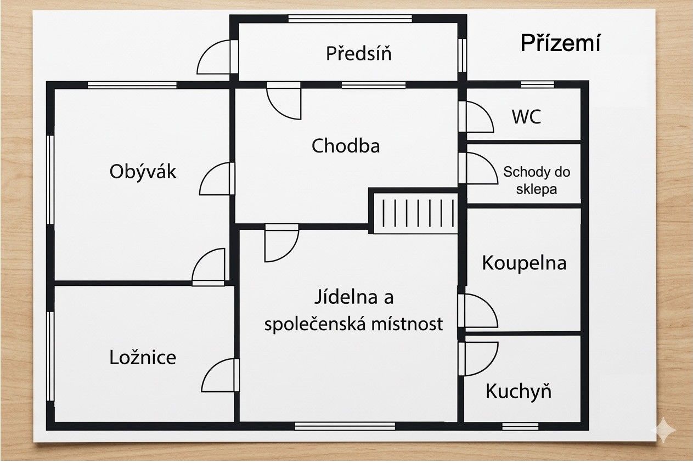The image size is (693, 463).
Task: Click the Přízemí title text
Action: (x=560, y=43)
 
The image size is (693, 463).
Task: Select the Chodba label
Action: (x=346, y=146)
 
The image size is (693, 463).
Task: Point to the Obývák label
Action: (x=143, y=172)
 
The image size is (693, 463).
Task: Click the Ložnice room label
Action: (x=143, y=357)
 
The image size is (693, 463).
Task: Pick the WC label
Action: (x=526, y=117)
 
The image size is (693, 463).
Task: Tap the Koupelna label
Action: (x=524, y=263)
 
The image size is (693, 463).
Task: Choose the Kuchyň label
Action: (x=518, y=391)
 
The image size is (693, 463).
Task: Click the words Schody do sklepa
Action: (x=537, y=180)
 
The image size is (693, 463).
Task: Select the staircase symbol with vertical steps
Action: (x=415, y=213)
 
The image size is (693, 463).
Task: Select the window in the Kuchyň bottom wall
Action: (x=520, y=426)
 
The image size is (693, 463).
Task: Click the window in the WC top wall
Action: (x=537, y=84)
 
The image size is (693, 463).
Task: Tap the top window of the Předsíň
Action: (x=350, y=19)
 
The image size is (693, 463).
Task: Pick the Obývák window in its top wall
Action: (x=132, y=84)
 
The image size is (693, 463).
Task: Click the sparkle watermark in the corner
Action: (x=663, y=430)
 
